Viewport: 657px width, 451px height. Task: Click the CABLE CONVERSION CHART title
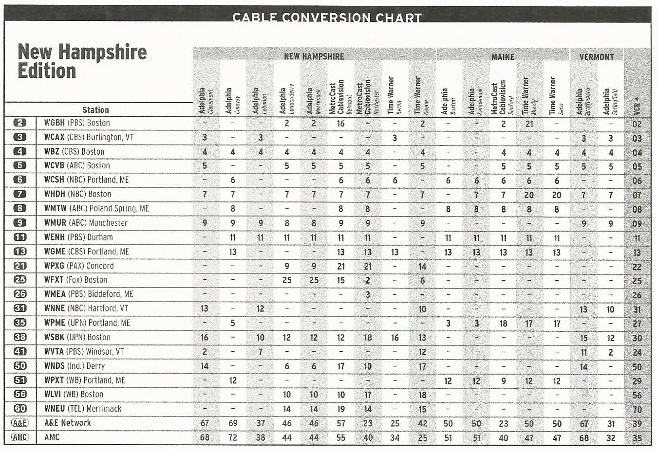pyautogui.click(x=327, y=18)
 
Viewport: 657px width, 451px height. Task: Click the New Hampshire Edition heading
pyautogui.click(x=82, y=61)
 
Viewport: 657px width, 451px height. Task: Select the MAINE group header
pyautogui.click(x=503, y=57)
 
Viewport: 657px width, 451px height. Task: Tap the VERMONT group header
pyautogui.click(x=597, y=57)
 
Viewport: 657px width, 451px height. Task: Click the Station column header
pyautogui.click(x=95, y=110)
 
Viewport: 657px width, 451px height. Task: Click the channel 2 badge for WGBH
pyautogui.click(x=20, y=123)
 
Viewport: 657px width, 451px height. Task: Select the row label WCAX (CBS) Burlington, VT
pyautogui.click(x=89, y=137)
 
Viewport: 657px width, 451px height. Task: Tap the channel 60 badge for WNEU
pyautogui.click(x=20, y=409)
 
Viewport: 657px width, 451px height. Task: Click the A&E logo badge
pyautogui.click(x=20, y=423)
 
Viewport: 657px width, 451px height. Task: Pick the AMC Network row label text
pyautogui.click(x=52, y=437)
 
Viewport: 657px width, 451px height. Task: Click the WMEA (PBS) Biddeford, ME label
pyautogui.click(x=89, y=294)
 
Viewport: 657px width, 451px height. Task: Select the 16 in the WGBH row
pyautogui.click(x=340, y=124)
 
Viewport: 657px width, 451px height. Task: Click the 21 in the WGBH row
pyautogui.click(x=529, y=124)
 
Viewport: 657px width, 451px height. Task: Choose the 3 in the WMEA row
pyautogui.click(x=368, y=294)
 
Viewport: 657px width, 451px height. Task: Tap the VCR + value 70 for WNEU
pyautogui.click(x=637, y=410)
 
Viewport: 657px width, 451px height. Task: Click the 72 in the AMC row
pyautogui.click(x=233, y=437)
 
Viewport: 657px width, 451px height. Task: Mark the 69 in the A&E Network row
pyautogui.click(x=233, y=423)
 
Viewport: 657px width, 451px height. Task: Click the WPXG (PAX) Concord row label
pyautogui.click(x=79, y=266)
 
